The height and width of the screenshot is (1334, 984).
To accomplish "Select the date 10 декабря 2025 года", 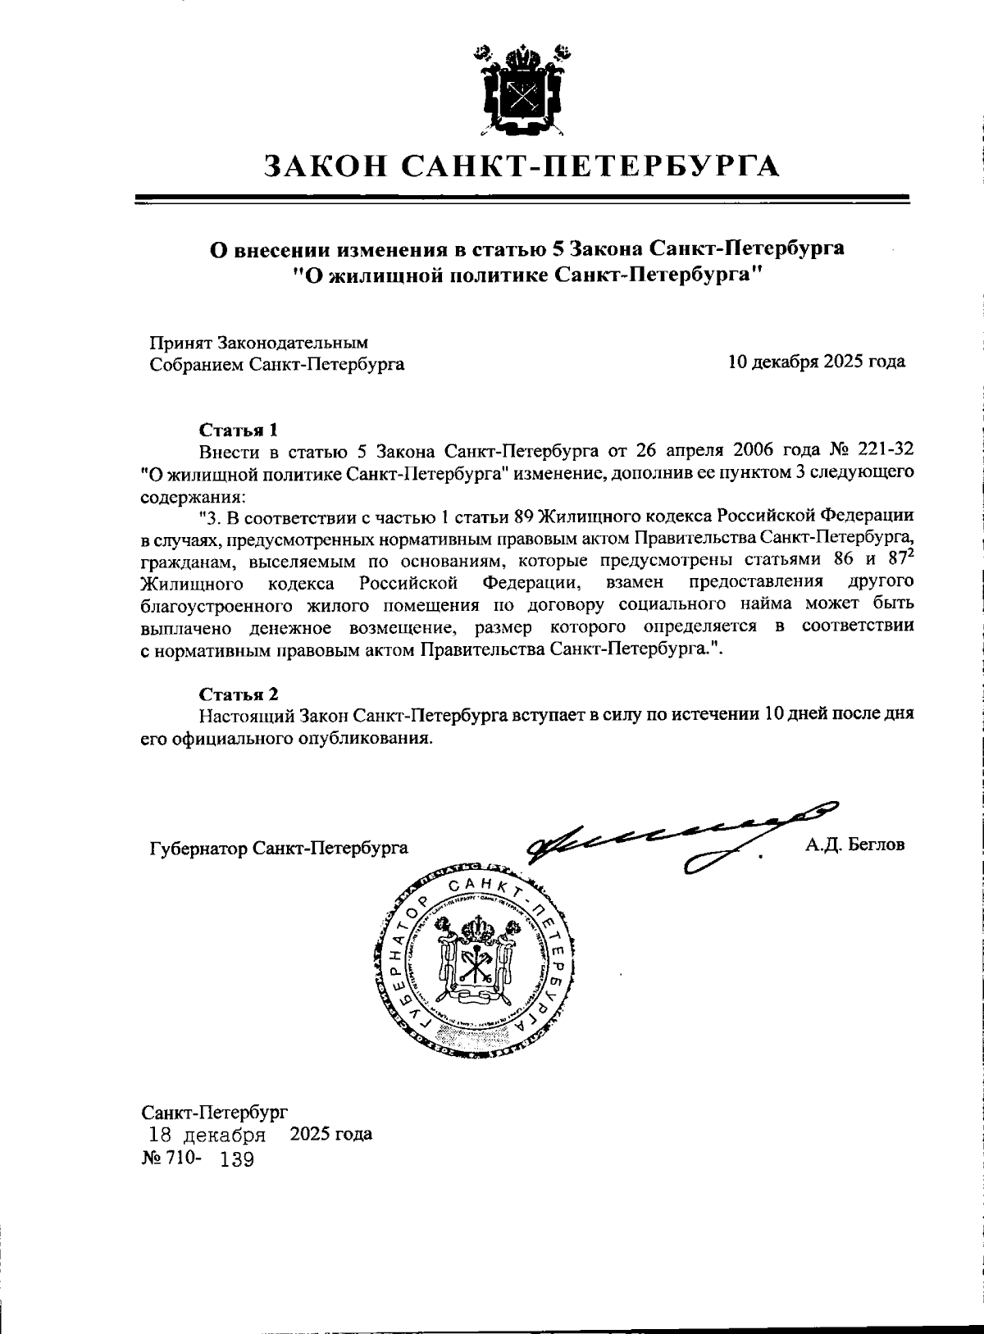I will [816, 362].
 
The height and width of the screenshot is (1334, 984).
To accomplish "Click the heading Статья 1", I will [239, 430].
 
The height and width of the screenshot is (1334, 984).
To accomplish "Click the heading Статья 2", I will [239, 694].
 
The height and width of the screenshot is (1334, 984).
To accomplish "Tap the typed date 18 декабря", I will [206, 1136].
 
